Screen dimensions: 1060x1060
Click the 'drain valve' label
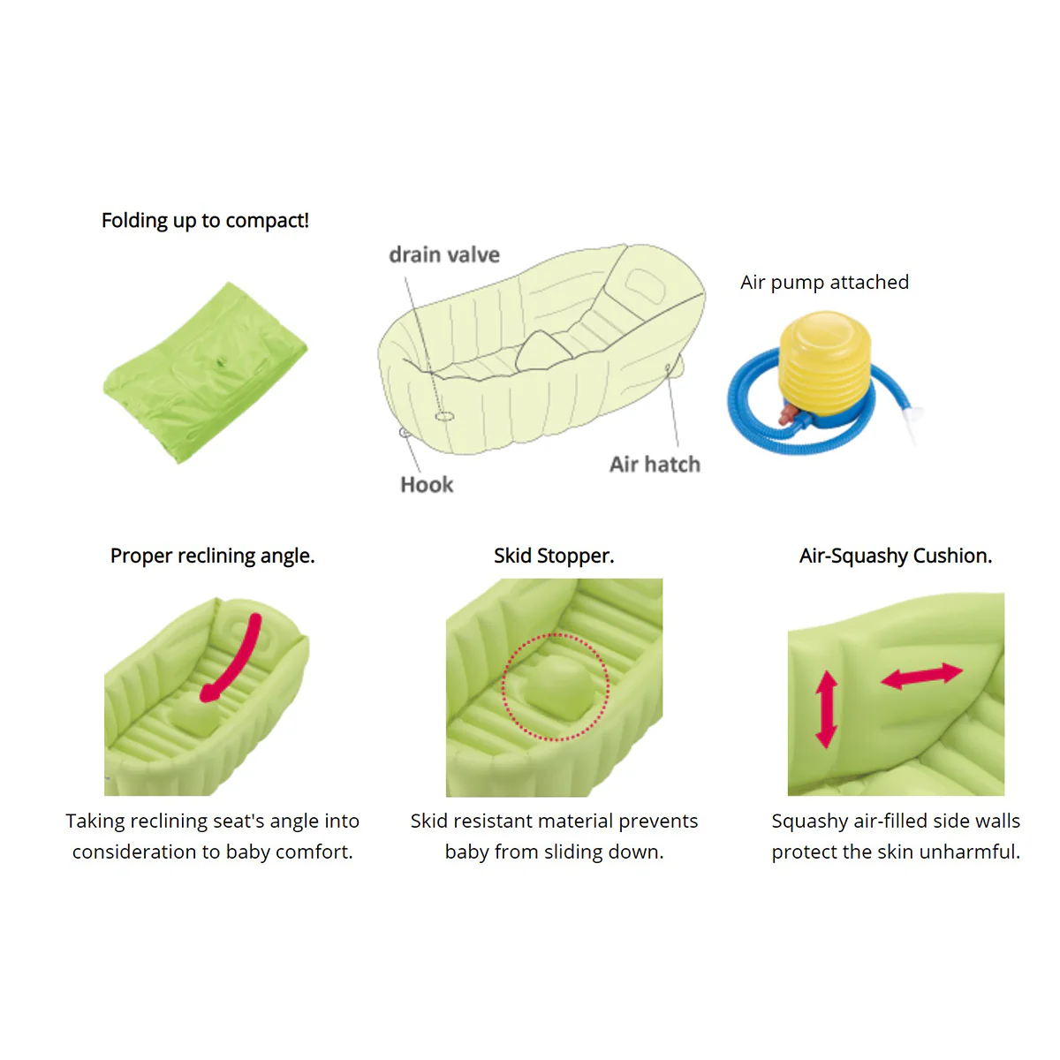click(444, 254)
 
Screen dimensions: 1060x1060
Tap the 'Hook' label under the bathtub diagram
click(427, 485)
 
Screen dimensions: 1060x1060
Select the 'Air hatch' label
click(655, 465)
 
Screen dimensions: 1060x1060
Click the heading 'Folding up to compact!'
click(205, 221)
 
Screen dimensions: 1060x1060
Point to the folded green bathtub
click(205, 373)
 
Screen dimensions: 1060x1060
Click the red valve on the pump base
click(789, 413)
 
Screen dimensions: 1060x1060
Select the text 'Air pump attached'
click(824, 282)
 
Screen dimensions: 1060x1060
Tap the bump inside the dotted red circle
click(556, 690)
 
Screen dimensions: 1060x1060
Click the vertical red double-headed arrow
click(826, 709)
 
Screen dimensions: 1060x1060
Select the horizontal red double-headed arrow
click(921, 676)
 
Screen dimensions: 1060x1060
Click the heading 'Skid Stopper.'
click(554, 556)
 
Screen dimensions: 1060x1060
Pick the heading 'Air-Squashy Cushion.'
click(896, 556)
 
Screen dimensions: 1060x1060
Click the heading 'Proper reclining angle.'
click(212, 556)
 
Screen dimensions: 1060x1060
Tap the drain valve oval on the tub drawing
click(444, 416)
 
